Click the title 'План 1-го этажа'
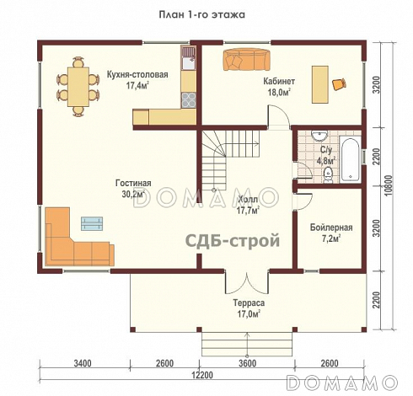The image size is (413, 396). (202, 14)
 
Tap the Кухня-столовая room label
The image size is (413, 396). (137, 75)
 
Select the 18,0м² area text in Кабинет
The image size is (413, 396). (279, 92)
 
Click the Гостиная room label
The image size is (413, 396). (133, 183)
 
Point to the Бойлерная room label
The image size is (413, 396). (331, 227)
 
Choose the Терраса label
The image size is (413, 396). (249, 303)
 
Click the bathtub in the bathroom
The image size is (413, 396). (350, 159)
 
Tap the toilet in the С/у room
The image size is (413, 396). (328, 175)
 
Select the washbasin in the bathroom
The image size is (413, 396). (319, 136)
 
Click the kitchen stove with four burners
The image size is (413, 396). (189, 100)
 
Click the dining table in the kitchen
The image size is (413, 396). (78, 87)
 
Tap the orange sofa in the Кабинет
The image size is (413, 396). (246, 60)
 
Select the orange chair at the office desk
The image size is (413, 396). (339, 84)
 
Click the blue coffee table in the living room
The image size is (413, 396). (92, 223)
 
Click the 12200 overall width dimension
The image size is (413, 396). (202, 375)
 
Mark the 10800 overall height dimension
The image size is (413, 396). (389, 185)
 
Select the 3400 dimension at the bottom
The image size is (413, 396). (83, 363)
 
